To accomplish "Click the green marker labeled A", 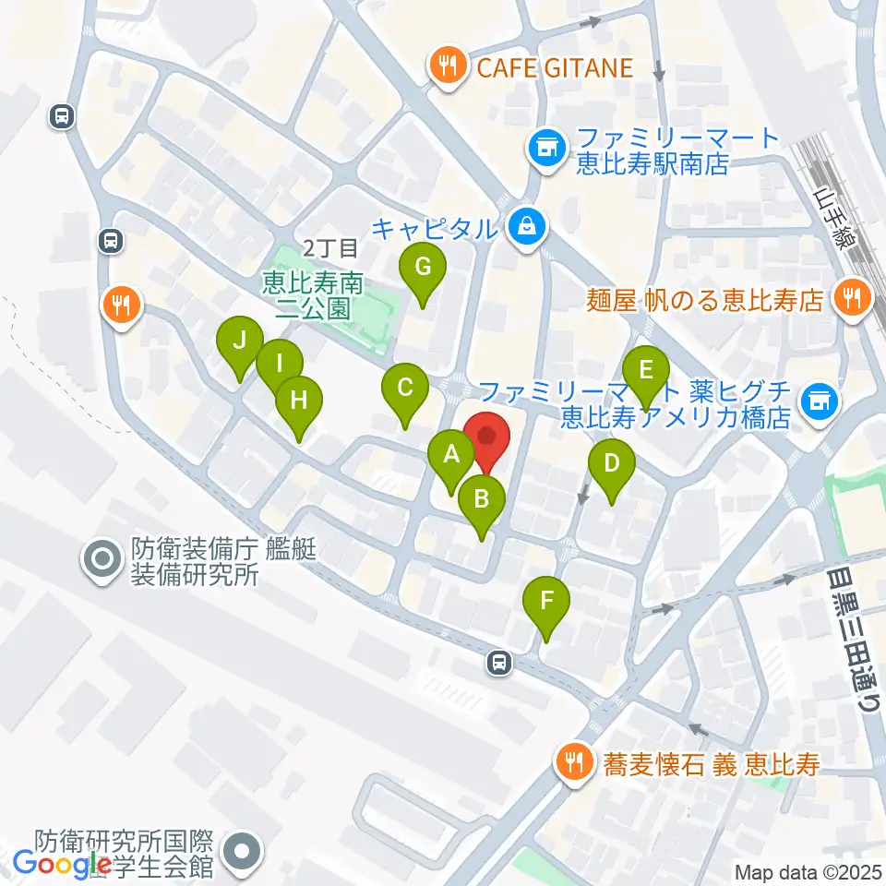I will [x=451, y=453].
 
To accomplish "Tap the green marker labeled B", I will [x=481, y=499].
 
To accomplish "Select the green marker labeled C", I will [x=405, y=388].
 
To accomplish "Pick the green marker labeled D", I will [x=611, y=462].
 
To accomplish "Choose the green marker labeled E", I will [x=646, y=370].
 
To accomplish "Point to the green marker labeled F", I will [x=547, y=602].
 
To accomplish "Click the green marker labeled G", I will [x=423, y=268].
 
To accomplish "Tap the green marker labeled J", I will [x=239, y=341].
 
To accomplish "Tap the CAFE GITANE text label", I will [x=555, y=66].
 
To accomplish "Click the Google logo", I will [x=63, y=864].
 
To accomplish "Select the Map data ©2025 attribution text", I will [x=807, y=872].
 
